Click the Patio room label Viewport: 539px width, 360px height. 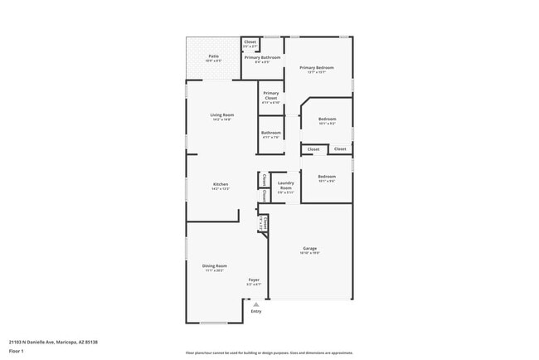[x=213, y=56]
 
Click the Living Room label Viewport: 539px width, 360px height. [x=221, y=115]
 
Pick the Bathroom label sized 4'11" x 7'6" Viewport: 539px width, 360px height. [x=271, y=133]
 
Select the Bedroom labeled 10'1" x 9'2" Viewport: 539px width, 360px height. [x=327, y=119]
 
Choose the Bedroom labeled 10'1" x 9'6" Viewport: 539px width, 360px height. [x=327, y=176]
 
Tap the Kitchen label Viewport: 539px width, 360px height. [x=221, y=184]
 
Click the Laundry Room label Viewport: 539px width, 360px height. [x=285, y=186]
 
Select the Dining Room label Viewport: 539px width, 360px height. [x=215, y=265]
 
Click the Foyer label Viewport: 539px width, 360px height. [x=255, y=280]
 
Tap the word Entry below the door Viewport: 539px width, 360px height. [x=255, y=311]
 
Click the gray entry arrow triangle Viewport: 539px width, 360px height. [x=255, y=304]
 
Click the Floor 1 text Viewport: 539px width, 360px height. [x=17, y=351]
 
